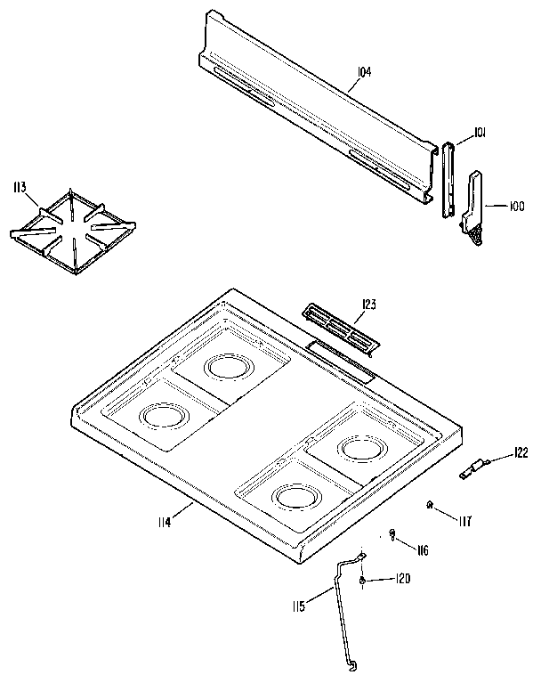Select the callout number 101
pos(479,133)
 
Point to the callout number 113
pos(19,187)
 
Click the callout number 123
pos(368,305)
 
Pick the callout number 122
pos(521,452)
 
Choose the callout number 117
pos(465,519)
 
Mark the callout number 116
pos(422,550)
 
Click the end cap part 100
pos(476,205)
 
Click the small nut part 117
pos(430,506)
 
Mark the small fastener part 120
pos(363,581)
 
